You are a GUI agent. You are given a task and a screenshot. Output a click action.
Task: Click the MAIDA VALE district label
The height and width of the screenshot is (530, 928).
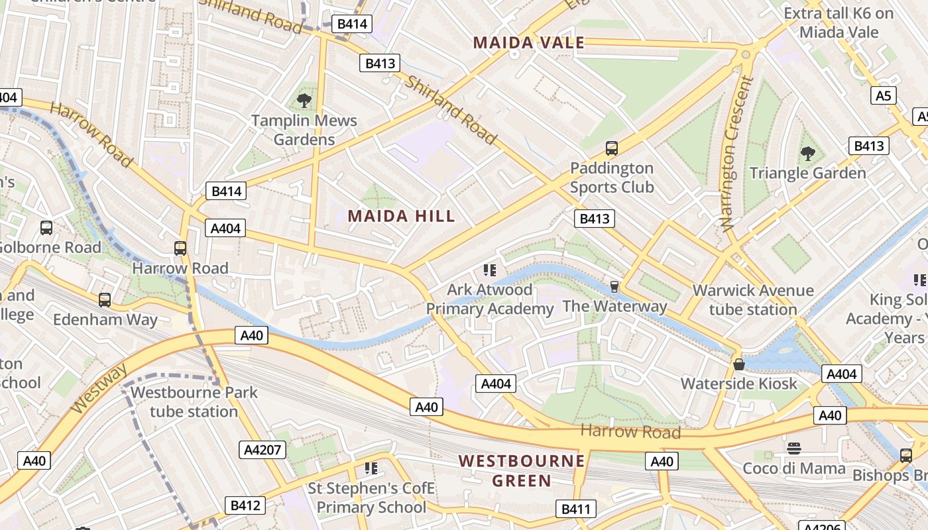point(528,43)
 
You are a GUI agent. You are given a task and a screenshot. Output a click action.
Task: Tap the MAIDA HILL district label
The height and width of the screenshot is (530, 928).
point(401,216)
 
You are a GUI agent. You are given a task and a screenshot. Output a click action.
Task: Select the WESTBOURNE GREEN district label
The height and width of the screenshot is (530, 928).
point(522,470)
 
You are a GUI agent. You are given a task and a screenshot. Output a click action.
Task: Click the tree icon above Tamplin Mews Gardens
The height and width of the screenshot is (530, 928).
point(304,101)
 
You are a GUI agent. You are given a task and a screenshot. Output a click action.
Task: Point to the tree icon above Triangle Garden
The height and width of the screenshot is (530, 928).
point(807,154)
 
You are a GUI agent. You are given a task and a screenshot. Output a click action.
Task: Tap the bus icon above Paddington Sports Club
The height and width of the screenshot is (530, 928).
point(612,148)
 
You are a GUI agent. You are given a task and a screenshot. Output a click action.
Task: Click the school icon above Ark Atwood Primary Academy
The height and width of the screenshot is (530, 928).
point(490,270)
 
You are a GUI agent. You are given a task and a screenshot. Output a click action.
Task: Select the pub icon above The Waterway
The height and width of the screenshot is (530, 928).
point(614,286)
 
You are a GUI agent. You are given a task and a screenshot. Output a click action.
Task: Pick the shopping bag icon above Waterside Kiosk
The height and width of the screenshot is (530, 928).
point(739,364)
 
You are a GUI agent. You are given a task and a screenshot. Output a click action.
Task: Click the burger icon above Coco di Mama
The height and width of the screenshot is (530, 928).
point(794,449)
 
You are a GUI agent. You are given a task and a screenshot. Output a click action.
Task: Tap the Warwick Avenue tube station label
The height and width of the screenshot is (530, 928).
point(753,300)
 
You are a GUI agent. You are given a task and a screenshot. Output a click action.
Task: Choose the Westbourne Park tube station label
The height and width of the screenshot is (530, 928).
point(194,401)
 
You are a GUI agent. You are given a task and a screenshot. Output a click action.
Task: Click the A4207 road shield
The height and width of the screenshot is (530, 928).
point(262,450)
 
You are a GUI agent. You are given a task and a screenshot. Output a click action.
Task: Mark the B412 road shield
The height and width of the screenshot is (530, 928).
point(245,505)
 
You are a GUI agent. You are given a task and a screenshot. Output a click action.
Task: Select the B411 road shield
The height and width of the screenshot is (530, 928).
point(575,509)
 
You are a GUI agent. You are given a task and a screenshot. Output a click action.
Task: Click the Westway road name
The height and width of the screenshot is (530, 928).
point(98,388)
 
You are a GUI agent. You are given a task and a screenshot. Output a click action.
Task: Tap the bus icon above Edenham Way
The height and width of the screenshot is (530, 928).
point(105,300)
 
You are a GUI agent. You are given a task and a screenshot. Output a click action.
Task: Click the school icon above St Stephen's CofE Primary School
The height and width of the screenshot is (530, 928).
point(371,468)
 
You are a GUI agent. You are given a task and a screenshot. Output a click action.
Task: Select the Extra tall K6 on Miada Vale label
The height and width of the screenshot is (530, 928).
point(839,23)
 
